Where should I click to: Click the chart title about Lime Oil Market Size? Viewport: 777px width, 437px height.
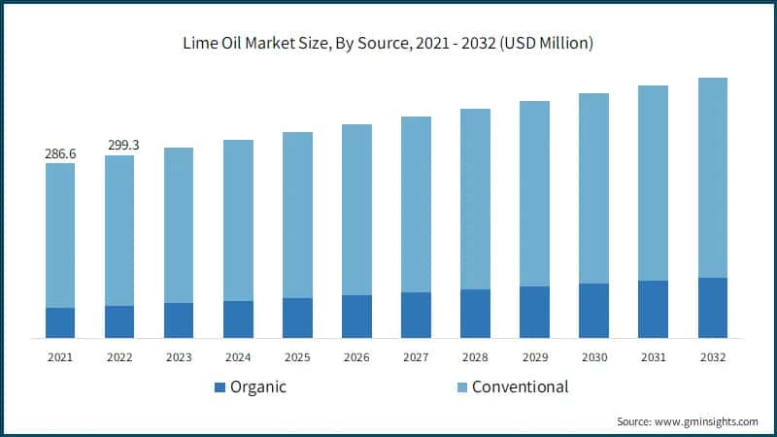[388, 44]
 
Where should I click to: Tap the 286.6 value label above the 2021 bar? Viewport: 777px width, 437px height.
[60, 153]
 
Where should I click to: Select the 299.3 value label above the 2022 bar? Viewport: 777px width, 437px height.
[119, 146]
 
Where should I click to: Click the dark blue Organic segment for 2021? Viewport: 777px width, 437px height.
[60, 322]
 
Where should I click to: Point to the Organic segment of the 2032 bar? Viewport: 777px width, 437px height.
[712, 308]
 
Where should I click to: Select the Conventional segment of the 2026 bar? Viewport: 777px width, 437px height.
[356, 210]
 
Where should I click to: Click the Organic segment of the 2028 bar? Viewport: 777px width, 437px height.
[475, 314]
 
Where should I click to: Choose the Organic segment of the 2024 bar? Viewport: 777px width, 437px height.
[238, 319]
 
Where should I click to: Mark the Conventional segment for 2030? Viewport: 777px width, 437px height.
[593, 188]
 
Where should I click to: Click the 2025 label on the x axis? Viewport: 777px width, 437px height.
[297, 357]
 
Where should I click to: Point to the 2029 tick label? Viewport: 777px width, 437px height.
[534, 357]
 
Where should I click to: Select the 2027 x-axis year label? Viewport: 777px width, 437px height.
[416, 357]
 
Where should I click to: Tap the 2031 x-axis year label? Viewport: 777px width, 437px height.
[653, 357]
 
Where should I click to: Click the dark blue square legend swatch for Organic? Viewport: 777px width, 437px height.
[219, 387]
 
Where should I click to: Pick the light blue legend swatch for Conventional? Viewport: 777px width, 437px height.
[460, 387]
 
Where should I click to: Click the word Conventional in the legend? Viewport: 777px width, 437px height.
[521, 387]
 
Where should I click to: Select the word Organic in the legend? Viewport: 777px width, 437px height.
[258, 387]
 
